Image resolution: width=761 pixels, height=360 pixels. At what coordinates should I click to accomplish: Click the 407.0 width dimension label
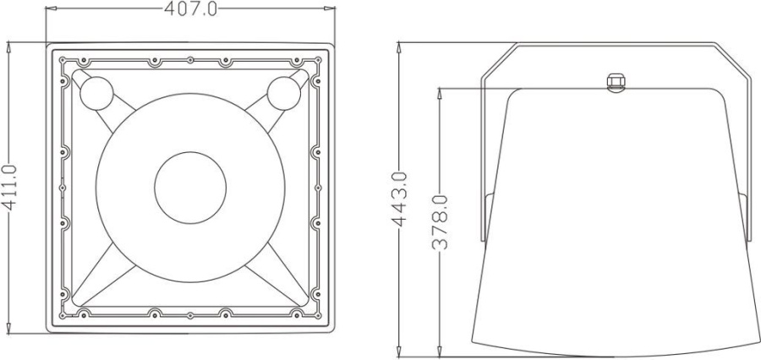coord(190,9)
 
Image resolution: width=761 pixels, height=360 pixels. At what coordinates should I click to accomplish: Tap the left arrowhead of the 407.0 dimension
coord(51,9)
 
